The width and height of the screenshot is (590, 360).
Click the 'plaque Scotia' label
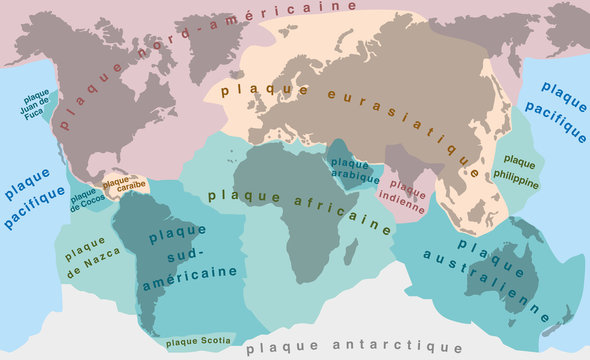pyautogui.click(x=195, y=340)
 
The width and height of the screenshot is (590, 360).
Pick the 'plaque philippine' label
pyautogui.click(x=519, y=172)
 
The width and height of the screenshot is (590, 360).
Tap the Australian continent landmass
pyautogui.click(x=503, y=275)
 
